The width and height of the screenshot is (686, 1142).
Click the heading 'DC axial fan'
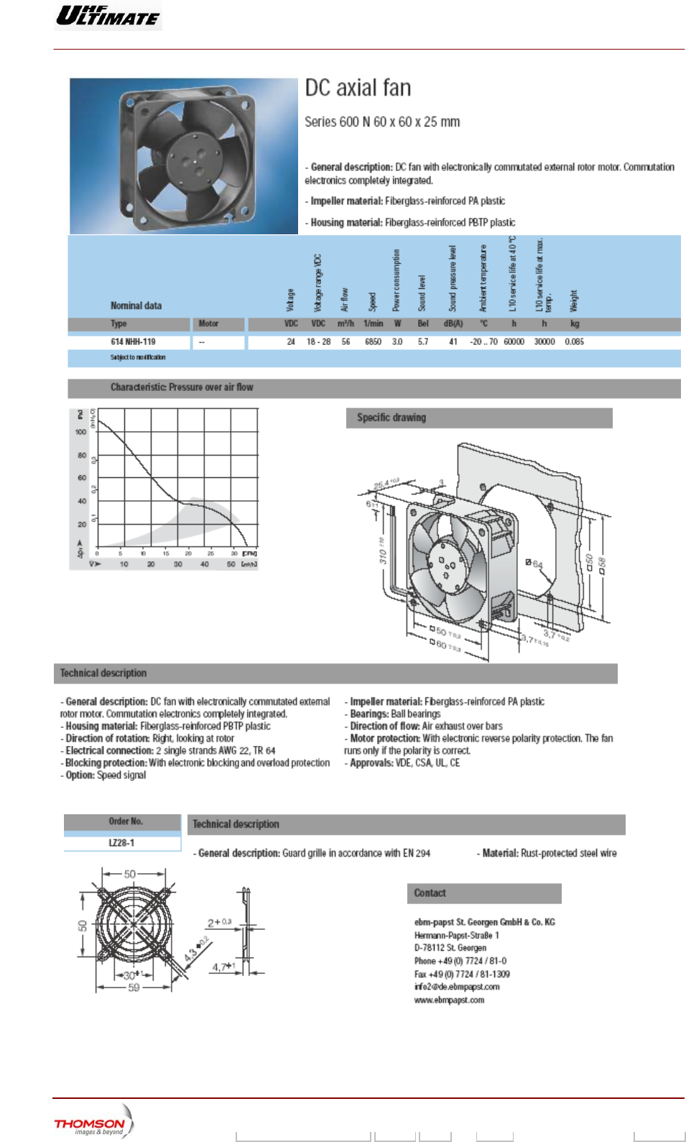[x=358, y=88]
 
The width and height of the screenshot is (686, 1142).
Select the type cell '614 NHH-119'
[x=133, y=342]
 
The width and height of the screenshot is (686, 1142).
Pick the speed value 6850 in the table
[x=373, y=342]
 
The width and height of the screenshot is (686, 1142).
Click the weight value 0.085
[x=574, y=342]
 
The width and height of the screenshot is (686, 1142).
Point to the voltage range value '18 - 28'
[x=318, y=342]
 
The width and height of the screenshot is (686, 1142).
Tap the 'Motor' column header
[x=208, y=324]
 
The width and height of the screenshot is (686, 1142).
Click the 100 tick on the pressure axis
[x=80, y=432]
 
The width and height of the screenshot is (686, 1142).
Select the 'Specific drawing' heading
[x=391, y=418]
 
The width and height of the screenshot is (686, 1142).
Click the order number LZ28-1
[x=121, y=843]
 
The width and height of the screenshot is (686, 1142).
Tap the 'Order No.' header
[x=126, y=821]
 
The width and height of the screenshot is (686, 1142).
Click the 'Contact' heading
[x=430, y=893]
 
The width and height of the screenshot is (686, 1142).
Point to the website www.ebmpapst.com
[x=449, y=1000]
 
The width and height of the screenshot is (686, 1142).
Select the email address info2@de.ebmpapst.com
[x=457, y=987]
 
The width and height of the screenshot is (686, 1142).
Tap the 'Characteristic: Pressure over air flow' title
[x=182, y=387]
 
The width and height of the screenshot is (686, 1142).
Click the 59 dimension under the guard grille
[x=134, y=988]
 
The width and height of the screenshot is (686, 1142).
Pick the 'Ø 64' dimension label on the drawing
[x=534, y=564]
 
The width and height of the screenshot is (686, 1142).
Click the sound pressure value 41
[x=453, y=342]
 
